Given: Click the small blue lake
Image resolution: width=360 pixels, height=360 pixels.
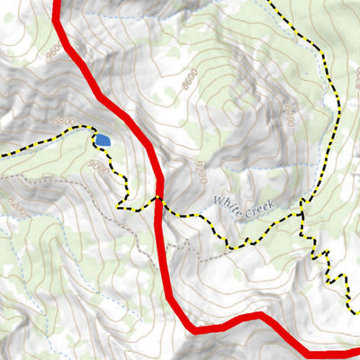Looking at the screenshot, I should point(103,140).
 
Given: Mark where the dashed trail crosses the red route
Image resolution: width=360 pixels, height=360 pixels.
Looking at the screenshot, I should point(158,198).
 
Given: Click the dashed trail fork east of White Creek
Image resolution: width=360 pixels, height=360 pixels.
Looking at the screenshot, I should point(301,214).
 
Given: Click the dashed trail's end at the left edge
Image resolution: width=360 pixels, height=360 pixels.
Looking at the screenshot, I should point(3,154).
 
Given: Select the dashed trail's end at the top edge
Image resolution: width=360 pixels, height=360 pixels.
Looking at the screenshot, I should point(269,3).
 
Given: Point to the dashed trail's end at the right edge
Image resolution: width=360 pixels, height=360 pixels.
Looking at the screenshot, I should point(356,310).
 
